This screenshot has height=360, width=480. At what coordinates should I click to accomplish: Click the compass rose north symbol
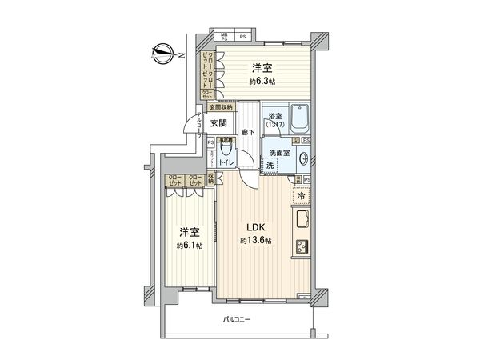tap(164, 54)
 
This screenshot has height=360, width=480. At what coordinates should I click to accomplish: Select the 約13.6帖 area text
tap(257, 241)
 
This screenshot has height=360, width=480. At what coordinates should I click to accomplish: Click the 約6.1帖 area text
tap(190, 246)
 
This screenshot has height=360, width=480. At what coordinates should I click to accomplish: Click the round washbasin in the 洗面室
tap(303, 158)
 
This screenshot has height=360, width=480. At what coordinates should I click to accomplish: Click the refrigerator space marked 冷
tap(301, 195)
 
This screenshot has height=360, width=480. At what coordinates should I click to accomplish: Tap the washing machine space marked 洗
tap(271, 165)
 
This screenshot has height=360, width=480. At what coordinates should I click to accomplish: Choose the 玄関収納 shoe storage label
tap(222, 106)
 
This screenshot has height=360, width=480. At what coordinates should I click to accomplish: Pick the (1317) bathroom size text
tap(274, 126)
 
